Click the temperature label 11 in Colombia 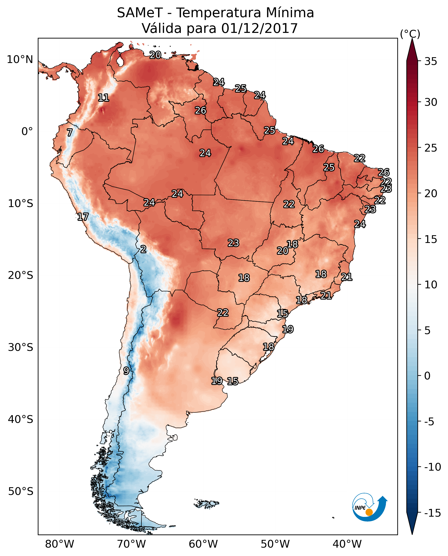104,98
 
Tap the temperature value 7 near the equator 70,132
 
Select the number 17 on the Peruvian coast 83,217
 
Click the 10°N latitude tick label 20,60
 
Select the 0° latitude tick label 27,132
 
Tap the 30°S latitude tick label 21,347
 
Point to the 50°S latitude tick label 21,491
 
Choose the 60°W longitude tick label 203,544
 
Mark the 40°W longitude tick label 347,544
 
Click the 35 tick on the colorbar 431,61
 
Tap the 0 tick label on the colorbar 427,376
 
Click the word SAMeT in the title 140,13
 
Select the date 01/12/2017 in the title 259,28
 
